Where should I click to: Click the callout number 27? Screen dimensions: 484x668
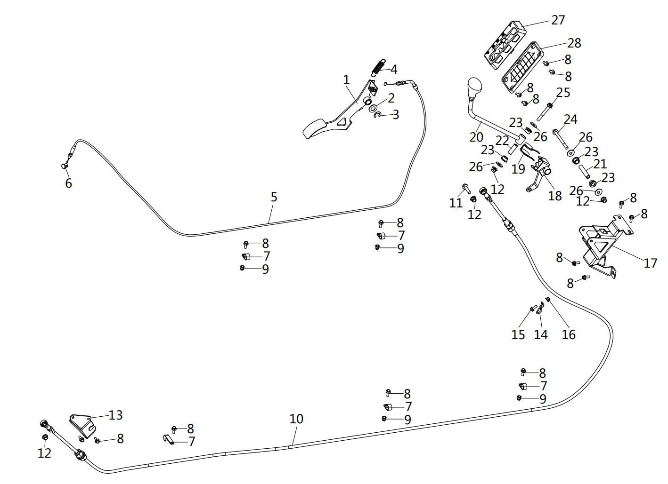[558, 20]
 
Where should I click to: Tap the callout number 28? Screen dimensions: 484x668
[574, 43]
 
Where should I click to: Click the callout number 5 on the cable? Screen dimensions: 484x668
[274, 197]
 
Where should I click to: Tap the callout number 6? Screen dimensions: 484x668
[68, 183]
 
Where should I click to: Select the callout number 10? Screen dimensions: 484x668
[296, 419]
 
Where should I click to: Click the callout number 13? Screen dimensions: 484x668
[115, 415]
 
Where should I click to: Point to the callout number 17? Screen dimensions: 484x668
[650, 263]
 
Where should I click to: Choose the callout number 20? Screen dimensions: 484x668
[476, 137]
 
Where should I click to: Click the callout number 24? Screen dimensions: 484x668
[570, 119]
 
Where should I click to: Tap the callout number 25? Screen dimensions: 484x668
[563, 93]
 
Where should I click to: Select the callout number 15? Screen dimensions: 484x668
[518, 334]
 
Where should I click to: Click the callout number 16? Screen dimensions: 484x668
[569, 334]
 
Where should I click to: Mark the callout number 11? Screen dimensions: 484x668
[456, 203]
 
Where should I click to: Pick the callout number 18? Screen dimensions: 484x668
[555, 196]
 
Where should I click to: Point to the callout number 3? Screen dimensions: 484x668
[395, 115]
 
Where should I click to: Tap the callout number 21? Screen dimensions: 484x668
[600, 164]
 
